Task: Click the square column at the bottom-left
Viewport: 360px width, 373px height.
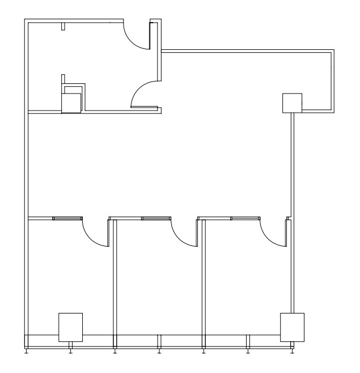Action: (x=71, y=327)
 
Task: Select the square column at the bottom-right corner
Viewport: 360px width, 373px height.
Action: (x=293, y=327)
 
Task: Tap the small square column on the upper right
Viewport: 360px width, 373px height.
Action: (x=291, y=103)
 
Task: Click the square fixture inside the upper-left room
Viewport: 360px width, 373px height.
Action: (x=71, y=103)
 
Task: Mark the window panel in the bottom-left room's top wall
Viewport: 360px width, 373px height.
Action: (x=68, y=218)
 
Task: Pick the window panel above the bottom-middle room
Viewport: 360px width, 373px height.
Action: (x=156, y=218)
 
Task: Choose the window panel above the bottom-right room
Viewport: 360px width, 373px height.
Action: (x=245, y=218)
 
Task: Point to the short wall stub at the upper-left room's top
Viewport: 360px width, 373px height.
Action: (x=63, y=26)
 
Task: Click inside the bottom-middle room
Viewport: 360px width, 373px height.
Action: (x=159, y=283)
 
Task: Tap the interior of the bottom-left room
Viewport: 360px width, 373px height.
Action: (x=68, y=272)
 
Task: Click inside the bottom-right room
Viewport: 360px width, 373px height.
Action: (x=247, y=283)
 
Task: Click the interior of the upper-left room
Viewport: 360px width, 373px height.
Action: (x=91, y=62)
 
